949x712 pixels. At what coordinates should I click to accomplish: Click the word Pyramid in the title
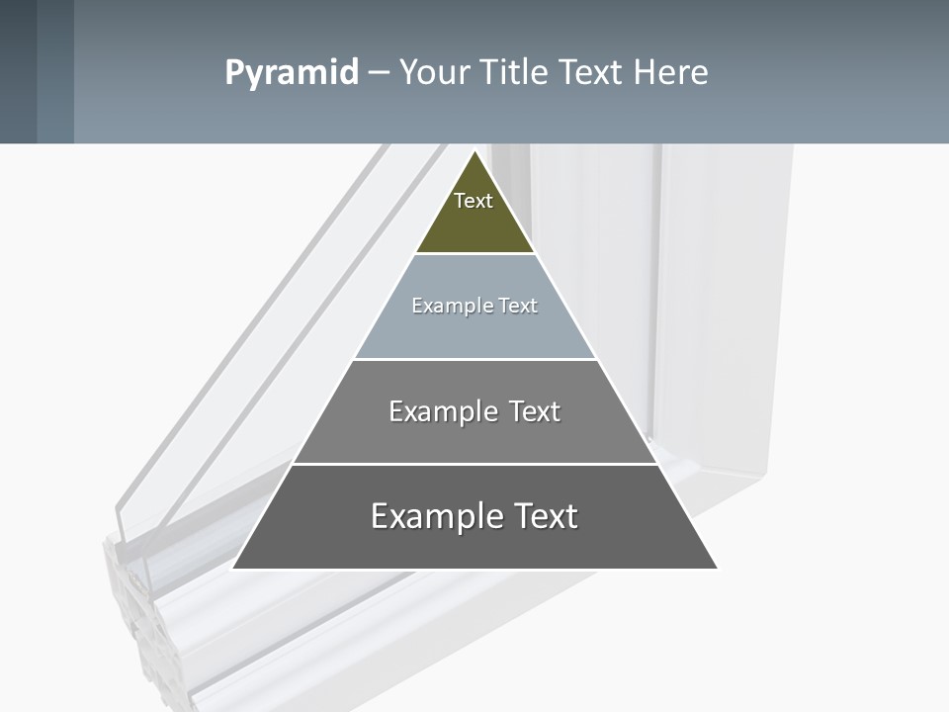[291, 73]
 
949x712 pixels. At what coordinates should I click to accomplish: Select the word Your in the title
[435, 72]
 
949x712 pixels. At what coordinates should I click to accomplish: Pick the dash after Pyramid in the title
[379, 73]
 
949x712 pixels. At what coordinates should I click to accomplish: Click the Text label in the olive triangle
[474, 201]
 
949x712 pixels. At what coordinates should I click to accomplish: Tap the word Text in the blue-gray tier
[518, 306]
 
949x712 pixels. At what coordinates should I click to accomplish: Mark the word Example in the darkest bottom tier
[430, 516]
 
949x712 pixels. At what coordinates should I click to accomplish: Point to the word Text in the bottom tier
[544, 516]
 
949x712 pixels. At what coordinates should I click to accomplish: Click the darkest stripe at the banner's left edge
[18, 71]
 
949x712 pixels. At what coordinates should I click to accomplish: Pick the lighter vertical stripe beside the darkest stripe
[55, 71]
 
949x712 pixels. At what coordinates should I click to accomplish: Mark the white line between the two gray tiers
[474, 464]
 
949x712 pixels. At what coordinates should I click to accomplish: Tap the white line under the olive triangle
[474, 253]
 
